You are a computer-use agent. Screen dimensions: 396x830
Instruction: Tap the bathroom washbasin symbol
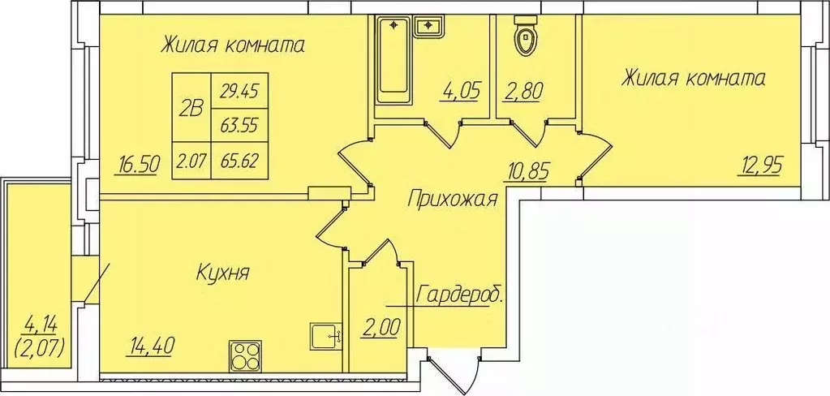click(x=428, y=28)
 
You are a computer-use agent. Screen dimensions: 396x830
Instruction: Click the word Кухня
click(x=221, y=273)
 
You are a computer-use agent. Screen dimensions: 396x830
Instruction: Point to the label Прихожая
click(x=452, y=200)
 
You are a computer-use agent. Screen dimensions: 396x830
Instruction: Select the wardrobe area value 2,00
click(x=381, y=330)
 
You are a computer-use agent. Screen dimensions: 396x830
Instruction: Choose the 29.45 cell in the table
click(x=239, y=92)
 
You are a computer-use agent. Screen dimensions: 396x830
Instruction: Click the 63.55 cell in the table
click(x=239, y=126)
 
